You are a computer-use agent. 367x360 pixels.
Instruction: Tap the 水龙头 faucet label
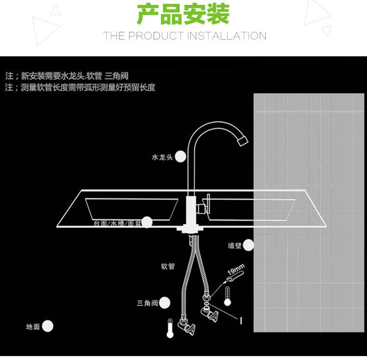[162, 157]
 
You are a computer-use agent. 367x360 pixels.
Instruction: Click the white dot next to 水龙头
[181, 157]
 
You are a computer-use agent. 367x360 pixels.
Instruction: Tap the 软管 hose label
[168, 266]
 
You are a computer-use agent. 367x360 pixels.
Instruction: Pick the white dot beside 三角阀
[165, 303]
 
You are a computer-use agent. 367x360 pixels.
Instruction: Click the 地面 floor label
[33, 327]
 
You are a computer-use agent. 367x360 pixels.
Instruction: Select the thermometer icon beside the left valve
[169, 329]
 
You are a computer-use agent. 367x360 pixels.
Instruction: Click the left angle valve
[187, 330]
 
